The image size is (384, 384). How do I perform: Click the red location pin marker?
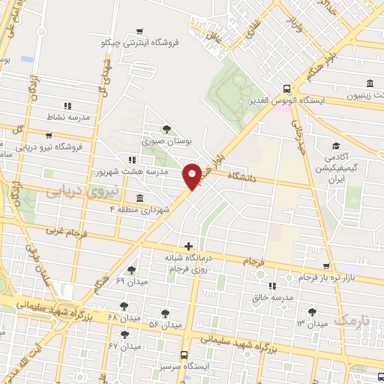[193, 175]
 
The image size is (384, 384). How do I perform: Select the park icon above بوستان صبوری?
[166, 129]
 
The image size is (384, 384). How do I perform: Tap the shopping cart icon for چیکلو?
[140, 31]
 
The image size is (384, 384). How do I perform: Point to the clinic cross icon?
[187, 246]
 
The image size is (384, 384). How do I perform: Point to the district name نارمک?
[352, 320]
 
